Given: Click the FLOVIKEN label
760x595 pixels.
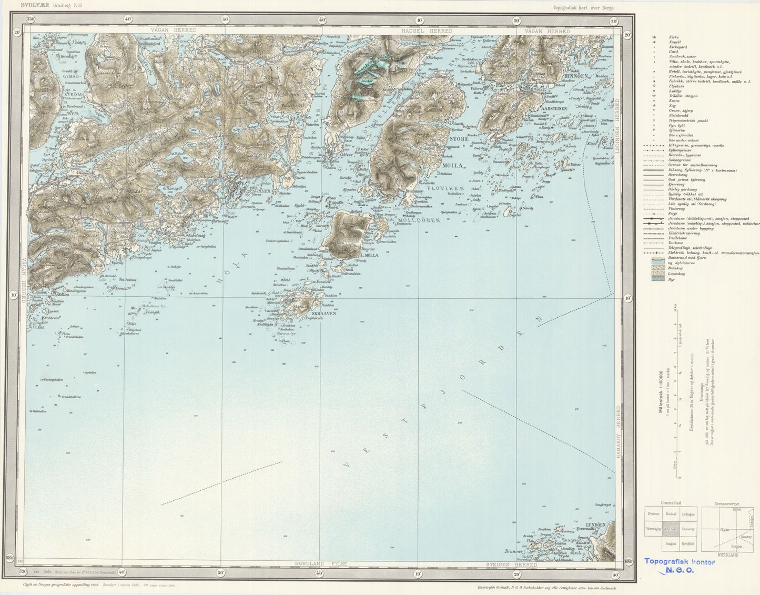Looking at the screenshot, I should click(445, 187).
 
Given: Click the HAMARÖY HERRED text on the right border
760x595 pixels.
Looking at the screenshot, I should click(619, 431).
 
